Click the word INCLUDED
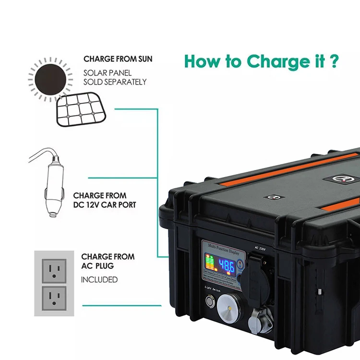(99, 279)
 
